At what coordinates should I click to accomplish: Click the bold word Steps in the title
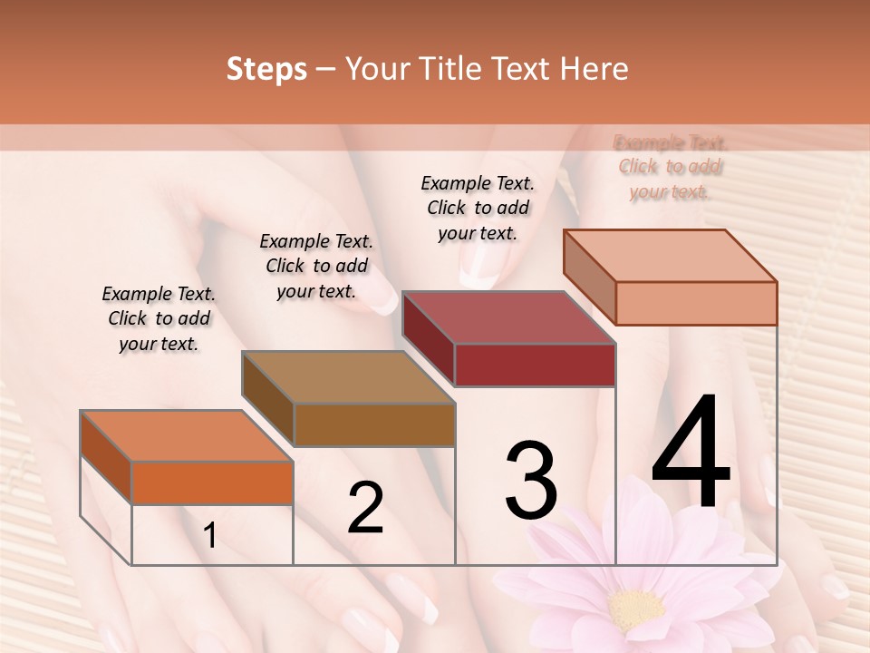[x=266, y=69]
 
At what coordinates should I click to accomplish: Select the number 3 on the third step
[x=531, y=481]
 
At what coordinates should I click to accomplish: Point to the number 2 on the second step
[x=365, y=508]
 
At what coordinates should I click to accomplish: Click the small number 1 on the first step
[x=210, y=536]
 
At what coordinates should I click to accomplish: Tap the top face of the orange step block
[x=186, y=435]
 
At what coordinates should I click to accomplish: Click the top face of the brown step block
[x=347, y=377]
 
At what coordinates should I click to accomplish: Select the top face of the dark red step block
[x=508, y=317]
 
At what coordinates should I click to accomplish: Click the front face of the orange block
[x=212, y=482]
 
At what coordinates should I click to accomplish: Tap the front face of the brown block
[x=374, y=424]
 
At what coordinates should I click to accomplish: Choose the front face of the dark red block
[x=535, y=365]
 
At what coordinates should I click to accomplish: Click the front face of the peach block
[x=696, y=303]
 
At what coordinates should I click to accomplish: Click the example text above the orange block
[x=159, y=318]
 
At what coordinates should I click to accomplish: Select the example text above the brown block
[x=316, y=266]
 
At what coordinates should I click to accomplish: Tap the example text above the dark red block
[x=478, y=208]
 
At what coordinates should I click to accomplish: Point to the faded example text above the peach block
[x=671, y=167]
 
